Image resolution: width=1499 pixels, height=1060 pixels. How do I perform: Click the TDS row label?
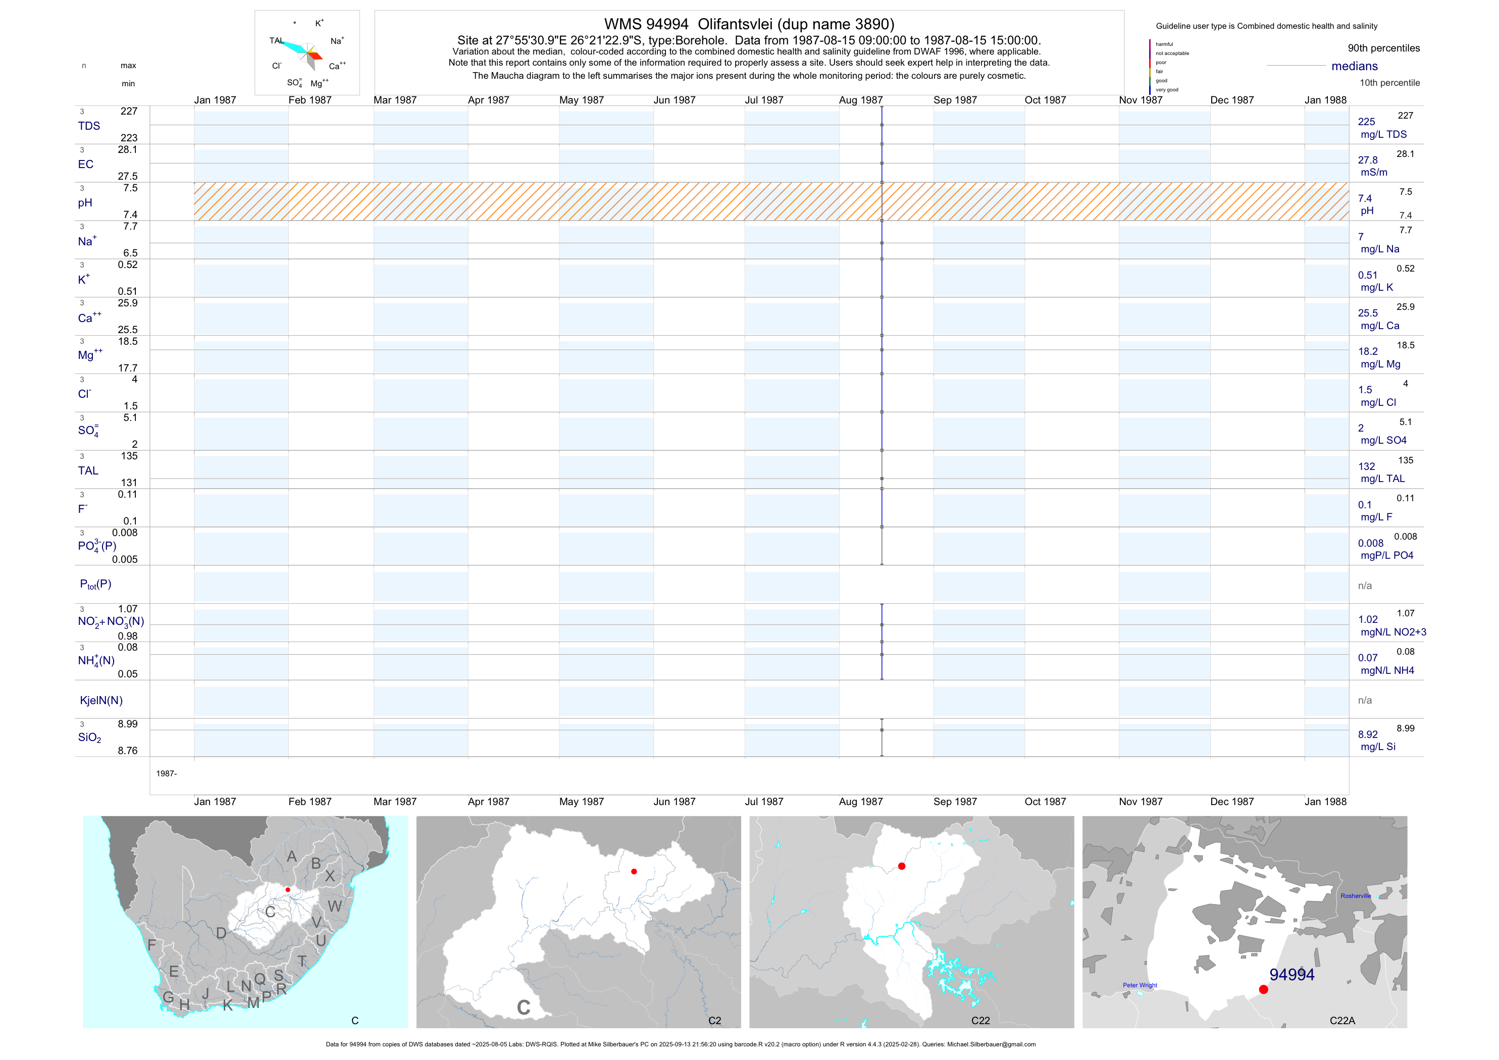(x=89, y=126)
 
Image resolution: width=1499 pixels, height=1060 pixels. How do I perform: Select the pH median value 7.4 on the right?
(x=1365, y=198)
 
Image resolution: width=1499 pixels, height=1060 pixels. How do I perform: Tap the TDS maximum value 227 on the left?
(x=129, y=112)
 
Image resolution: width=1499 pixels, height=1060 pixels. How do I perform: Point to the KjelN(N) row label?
(x=101, y=701)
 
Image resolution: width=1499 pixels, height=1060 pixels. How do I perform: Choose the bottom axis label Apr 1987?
(x=488, y=802)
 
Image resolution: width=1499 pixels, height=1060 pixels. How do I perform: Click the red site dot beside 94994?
(x=1263, y=989)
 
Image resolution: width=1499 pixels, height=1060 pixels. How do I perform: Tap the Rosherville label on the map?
(x=1356, y=896)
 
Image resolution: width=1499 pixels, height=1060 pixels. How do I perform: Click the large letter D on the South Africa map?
(x=221, y=933)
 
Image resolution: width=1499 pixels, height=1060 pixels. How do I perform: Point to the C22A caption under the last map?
(x=1342, y=1021)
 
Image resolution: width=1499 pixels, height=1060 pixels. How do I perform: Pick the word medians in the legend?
(x=1355, y=66)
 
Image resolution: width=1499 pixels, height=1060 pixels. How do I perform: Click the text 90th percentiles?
(x=1383, y=48)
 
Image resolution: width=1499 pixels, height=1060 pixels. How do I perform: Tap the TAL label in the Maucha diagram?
(x=276, y=40)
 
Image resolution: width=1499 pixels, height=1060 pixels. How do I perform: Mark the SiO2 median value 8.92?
(x=1368, y=734)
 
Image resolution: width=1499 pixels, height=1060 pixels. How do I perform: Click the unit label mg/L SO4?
(x=1383, y=441)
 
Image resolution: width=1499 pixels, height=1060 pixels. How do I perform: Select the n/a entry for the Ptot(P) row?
(x=1365, y=586)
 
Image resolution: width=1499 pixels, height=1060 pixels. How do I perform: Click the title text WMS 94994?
(x=646, y=24)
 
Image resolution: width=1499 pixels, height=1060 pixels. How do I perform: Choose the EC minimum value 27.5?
(x=127, y=176)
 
